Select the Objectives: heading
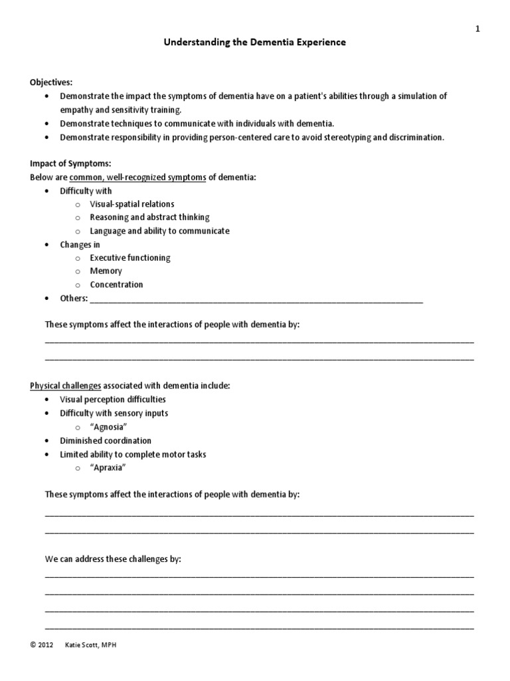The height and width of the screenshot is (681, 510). coord(50,82)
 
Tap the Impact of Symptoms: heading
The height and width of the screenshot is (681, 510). coord(66,164)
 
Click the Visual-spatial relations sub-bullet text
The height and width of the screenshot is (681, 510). coord(132,204)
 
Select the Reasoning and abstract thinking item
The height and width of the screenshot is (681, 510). coord(149,217)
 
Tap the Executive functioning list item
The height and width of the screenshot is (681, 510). coord(130,258)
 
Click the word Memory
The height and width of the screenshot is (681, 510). coord(106,271)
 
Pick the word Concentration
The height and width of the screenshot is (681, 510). coord(116,285)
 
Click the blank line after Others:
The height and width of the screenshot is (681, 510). coord(256,300)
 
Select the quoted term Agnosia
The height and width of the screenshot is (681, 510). coord(108,427)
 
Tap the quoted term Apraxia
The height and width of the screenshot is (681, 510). coord(108,468)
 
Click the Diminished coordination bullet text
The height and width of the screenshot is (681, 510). coord(106,440)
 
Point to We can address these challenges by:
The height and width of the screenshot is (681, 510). coord(113,559)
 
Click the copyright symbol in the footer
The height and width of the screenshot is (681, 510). coord(33,645)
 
